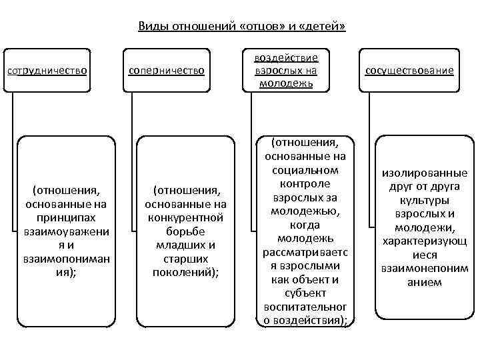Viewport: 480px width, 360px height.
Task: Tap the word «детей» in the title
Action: click(x=324, y=26)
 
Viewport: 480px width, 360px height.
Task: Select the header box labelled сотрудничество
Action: click(x=47, y=69)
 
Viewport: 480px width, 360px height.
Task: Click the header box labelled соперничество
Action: click(x=167, y=69)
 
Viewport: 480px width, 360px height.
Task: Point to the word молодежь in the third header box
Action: click(x=288, y=82)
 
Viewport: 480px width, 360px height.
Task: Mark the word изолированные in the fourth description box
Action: click(x=424, y=173)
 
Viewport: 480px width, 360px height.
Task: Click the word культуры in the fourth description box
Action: click(x=424, y=200)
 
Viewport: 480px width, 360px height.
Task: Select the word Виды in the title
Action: click(x=151, y=26)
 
